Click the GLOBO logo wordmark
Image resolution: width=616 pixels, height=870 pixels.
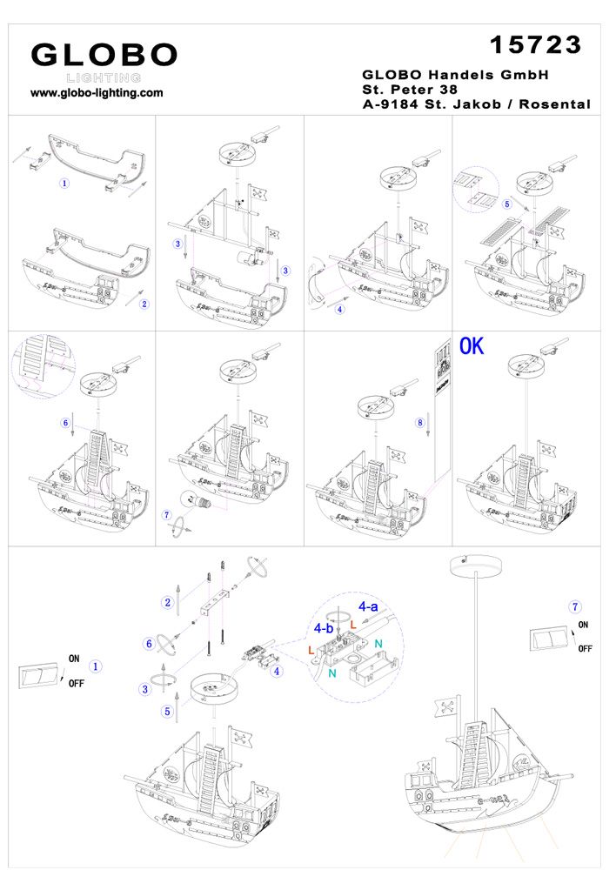click(104, 55)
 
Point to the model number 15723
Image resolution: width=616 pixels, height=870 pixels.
click(535, 43)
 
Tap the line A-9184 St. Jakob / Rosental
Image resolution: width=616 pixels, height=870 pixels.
click(476, 104)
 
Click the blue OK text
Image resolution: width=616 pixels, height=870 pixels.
click(471, 346)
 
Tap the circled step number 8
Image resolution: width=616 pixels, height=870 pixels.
click(420, 423)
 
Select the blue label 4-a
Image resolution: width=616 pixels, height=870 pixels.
click(368, 606)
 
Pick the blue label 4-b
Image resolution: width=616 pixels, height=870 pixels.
click(324, 626)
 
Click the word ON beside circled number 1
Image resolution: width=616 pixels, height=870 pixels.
click(74, 659)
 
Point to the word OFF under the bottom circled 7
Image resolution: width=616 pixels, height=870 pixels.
click(586, 649)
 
